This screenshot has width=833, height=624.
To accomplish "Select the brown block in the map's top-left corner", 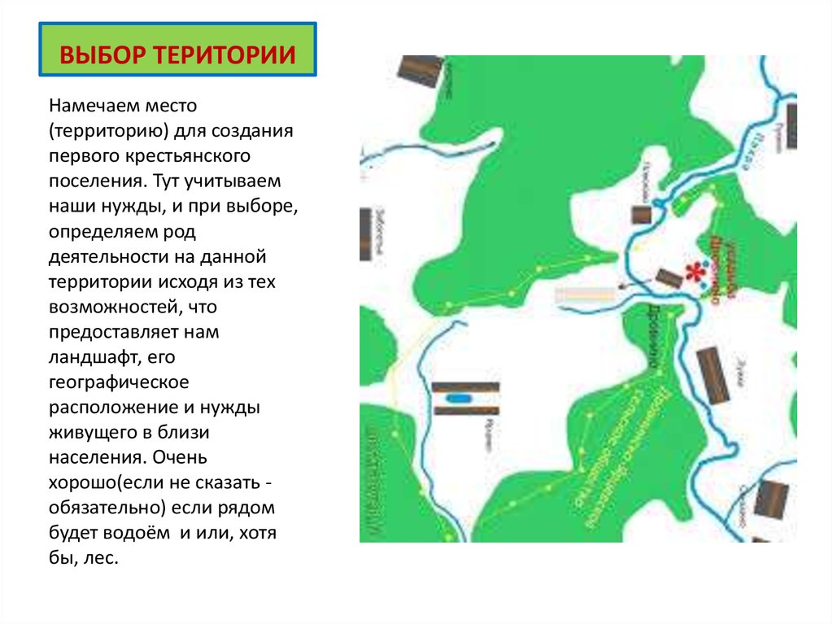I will click(420, 71).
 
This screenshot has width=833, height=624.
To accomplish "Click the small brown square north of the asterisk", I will click(641, 214).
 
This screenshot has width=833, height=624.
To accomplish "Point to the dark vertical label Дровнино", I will click(652, 342).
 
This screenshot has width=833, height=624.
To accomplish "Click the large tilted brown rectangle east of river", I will click(713, 375).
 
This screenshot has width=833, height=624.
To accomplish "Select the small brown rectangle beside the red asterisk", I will click(668, 277).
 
